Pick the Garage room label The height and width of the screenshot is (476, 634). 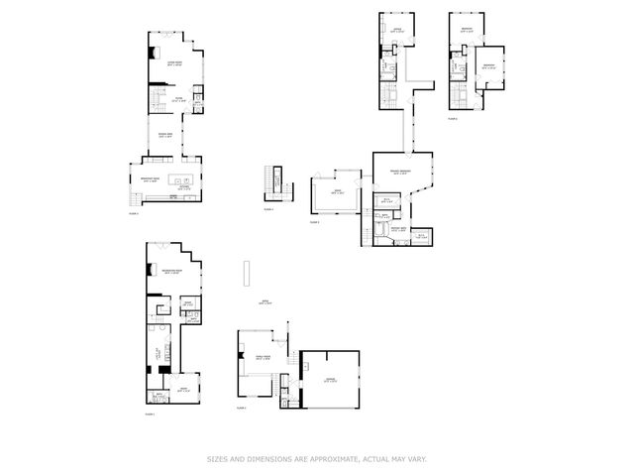pos(330,379)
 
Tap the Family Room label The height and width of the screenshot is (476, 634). pos(264,358)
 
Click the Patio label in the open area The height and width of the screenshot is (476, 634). pos(264,301)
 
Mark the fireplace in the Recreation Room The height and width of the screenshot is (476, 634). pos(150,266)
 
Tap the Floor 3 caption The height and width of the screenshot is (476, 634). pos(134,212)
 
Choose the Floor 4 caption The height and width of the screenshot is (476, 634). pos(268,209)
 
